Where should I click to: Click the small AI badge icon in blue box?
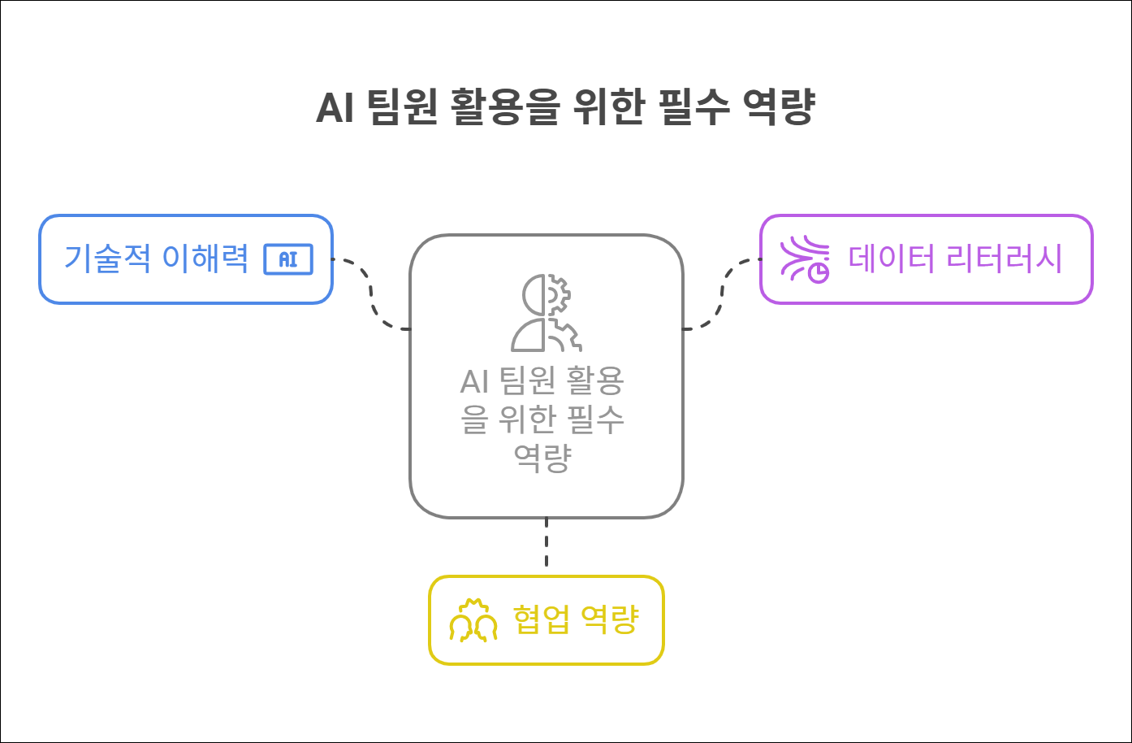288,259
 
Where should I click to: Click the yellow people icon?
473,622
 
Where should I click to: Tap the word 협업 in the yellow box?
539,620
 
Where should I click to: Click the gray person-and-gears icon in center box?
545,312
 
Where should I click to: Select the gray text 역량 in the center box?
542,457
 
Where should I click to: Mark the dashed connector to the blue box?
372,294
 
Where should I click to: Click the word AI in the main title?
334,109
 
